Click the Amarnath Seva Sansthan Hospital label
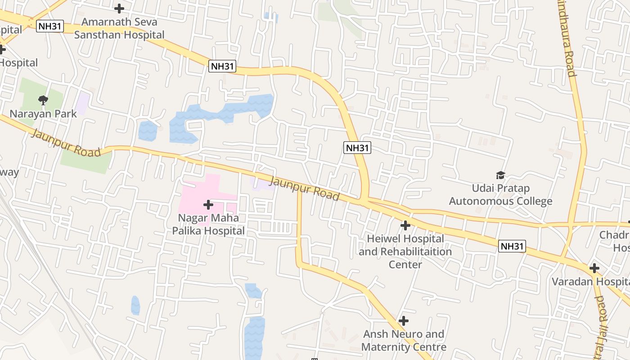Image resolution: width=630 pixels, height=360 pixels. [x=119, y=28]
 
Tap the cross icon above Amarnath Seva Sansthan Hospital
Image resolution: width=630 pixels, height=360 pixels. [x=119, y=8]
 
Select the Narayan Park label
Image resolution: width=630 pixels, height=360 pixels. [x=43, y=114]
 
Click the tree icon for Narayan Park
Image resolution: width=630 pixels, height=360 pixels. [x=43, y=100]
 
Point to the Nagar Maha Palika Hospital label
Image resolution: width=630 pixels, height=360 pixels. [x=208, y=224]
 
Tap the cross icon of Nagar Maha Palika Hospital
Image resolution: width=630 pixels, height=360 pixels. [x=208, y=205]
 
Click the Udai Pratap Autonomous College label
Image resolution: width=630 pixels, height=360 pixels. [x=500, y=194]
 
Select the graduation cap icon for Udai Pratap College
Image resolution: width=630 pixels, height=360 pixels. [x=500, y=175]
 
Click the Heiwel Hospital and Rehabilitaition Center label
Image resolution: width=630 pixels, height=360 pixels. [x=405, y=251]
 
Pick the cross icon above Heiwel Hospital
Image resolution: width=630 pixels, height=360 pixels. [x=405, y=225]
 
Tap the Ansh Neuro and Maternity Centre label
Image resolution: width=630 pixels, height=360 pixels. [x=404, y=341]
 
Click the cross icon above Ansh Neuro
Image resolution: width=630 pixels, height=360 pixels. [x=404, y=321]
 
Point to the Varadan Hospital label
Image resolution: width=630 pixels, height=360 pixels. [x=590, y=282]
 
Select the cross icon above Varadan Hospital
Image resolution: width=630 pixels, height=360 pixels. [x=594, y=268]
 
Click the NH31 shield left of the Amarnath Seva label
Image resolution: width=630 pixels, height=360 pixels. [x=50, y=26]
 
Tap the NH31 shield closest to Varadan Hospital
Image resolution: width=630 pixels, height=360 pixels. [x=512, y=246]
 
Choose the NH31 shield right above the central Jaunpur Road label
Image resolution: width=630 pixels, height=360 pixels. [x=357, y=148]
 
